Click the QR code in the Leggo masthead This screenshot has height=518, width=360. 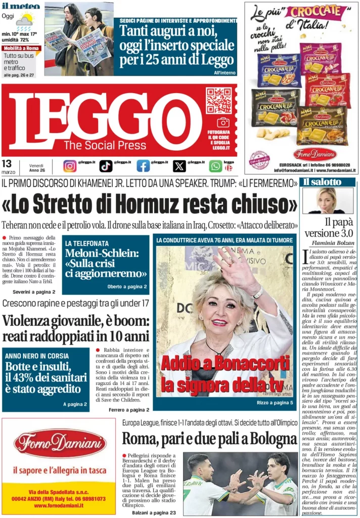(218, 100)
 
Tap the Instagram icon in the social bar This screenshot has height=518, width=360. (70, 166)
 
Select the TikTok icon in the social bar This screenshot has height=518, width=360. (106, 166)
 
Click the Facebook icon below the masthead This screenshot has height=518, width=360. (143, 166)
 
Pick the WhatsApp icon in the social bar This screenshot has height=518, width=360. (215, 166)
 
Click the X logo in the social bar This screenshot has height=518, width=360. (179, 166)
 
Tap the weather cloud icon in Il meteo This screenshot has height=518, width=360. (25, 20)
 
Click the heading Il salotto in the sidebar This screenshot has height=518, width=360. (322, 182)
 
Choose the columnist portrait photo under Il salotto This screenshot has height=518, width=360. (328, 200)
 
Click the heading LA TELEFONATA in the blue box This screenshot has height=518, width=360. (87, 243)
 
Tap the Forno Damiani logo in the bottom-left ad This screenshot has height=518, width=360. (60, 444)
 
